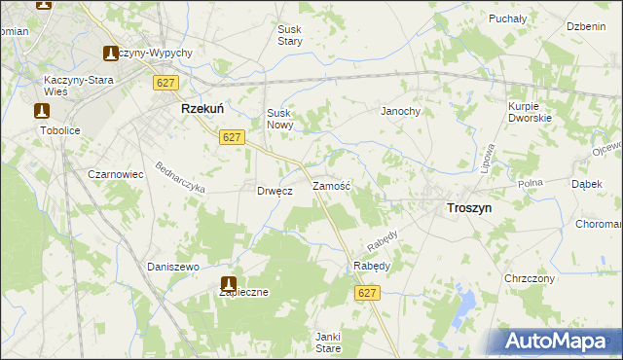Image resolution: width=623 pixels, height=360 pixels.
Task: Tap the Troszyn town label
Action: point(468,207)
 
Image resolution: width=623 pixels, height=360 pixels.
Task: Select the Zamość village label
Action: point(331,184)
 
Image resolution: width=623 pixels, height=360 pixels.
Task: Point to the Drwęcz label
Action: point(275,191)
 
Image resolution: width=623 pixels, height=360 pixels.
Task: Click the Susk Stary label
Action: point(290,36)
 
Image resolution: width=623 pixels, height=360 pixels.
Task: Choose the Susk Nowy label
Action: point(279,119)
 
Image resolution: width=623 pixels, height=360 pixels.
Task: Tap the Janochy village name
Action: point(400,111)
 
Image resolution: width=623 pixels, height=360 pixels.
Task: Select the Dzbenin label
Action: point(586,27)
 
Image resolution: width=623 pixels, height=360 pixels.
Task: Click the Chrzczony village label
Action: point(530,278)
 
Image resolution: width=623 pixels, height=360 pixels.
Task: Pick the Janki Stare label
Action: point(328,342)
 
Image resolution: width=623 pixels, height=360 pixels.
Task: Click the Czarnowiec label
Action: point(116,174)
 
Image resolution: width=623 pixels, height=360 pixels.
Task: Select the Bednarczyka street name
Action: point(180,176)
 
